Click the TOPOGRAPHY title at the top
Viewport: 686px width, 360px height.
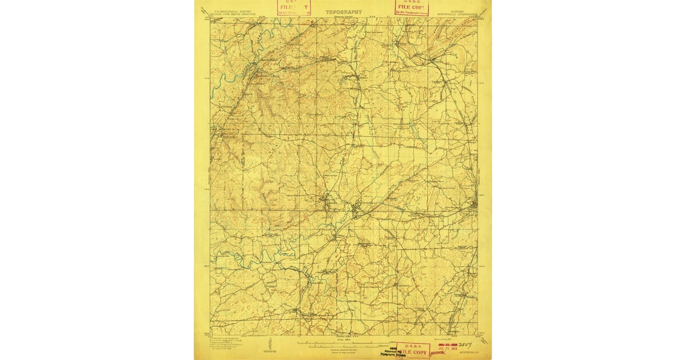344,11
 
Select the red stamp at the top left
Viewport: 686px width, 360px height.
293,7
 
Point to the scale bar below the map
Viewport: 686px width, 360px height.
343,343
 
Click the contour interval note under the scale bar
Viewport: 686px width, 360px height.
343,349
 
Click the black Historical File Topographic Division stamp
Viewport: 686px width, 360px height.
380,351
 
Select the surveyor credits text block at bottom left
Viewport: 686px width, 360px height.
229,343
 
